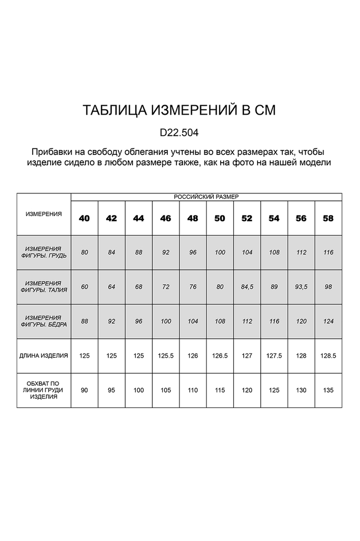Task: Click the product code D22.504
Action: click(x=179, y=131)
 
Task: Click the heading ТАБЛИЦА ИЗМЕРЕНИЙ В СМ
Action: click(x=179, y=110)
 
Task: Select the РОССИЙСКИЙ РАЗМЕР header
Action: click(x=206, y=197)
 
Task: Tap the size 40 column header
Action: click(x=84, y=218)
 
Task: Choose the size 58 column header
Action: click(x=328, y=218)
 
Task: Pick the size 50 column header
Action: click(x=220, y=218)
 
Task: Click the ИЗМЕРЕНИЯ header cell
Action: click(x=44, y=214)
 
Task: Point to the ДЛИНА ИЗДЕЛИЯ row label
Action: click(x=44, y=356)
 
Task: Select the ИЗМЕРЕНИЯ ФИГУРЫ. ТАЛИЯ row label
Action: click(x=44, y=287)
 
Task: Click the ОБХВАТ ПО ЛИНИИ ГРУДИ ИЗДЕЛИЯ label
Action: click(x=44, y=390)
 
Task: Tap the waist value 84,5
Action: click(x=247, y=287)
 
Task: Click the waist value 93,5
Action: click(x=301, y=287)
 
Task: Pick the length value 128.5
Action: click(x=328, y=356)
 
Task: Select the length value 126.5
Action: click(x=220, y=356)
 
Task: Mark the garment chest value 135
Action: click(x=328, y=390)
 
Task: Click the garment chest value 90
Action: click(x=84, y=390)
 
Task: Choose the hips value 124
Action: click(x=328, y=321)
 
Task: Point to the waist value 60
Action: click(x=84, y=287)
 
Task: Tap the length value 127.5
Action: click(x=274, y=356)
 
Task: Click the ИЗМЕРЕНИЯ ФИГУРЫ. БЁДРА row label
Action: click(x=44, y=321)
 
